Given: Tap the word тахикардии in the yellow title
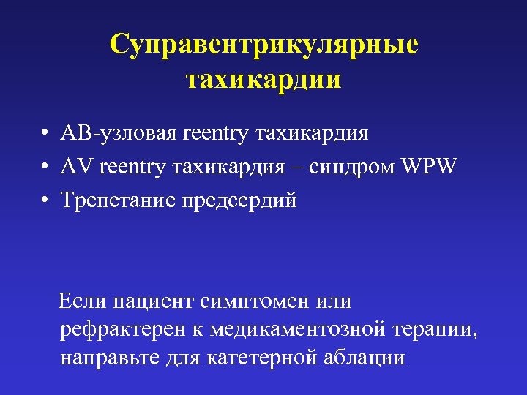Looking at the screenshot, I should pos(263,78).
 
